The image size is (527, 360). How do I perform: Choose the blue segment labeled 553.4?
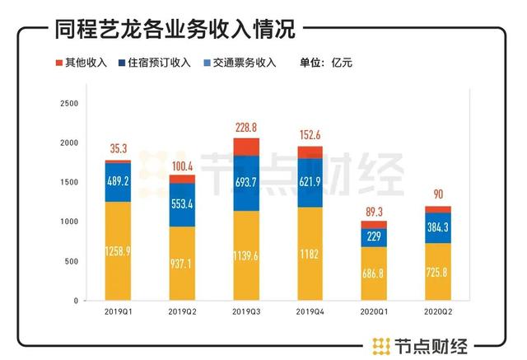pos(183,204)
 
